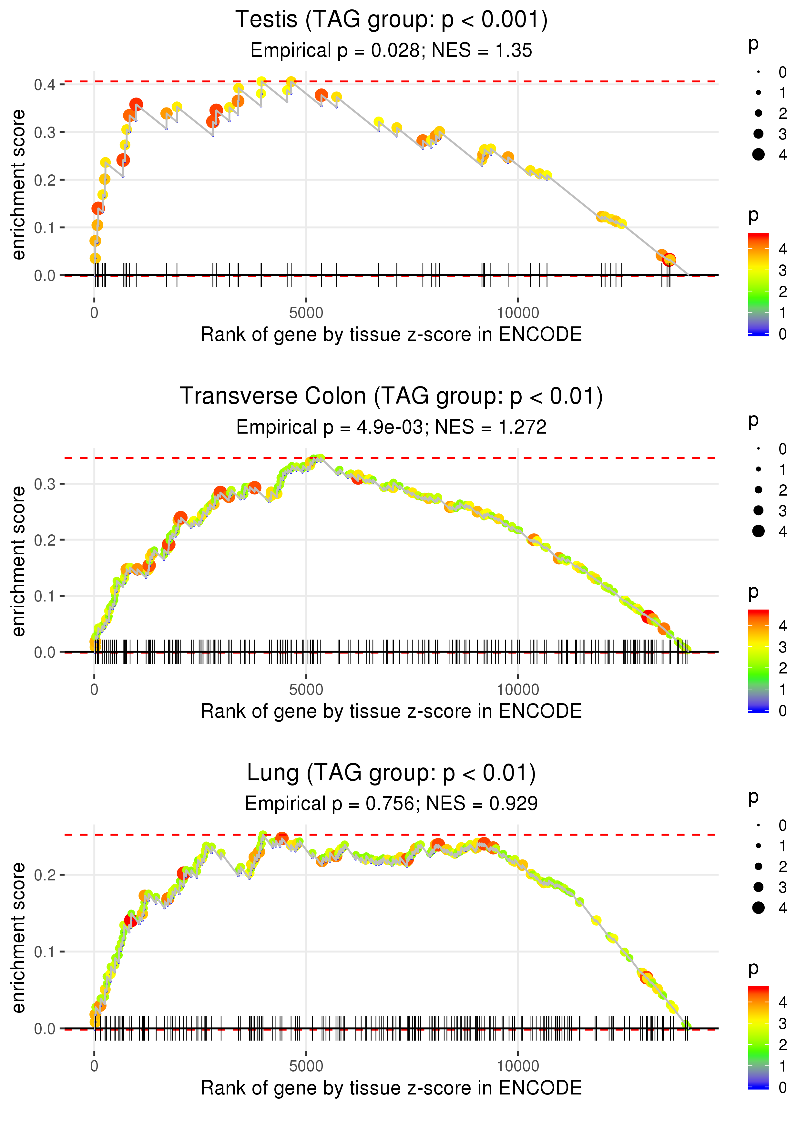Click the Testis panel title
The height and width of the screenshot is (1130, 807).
click(391, 20)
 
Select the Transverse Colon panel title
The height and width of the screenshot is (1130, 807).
click(391, 396)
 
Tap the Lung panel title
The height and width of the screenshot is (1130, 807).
click(391, 773)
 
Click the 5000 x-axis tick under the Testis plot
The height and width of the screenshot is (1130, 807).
click(306, 313)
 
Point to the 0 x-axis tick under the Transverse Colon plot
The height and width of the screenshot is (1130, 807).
click(94, 690)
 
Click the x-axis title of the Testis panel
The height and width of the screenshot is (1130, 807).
click(391, 335)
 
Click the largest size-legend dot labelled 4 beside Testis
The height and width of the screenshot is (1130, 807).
click(758, 155)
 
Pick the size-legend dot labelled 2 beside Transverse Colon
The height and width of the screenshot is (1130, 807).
click(758, 490)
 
